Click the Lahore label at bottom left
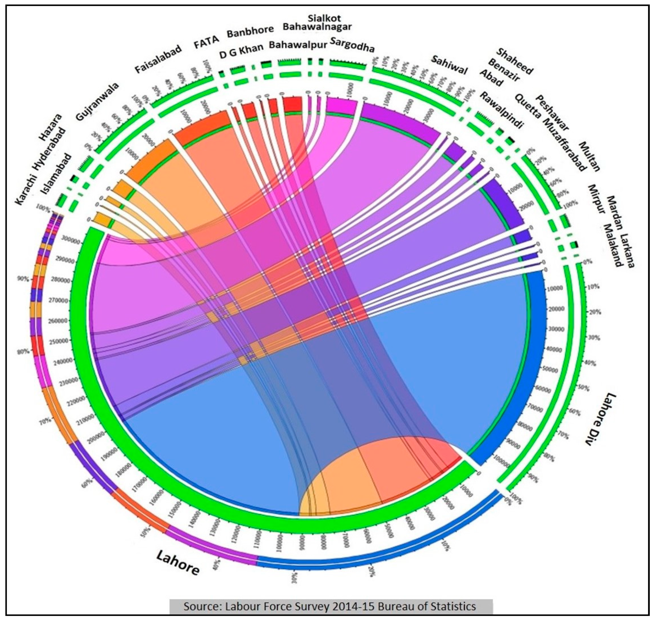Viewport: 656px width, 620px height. pyautogui.click(x=178, y=562)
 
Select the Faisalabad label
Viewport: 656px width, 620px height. pyautogui.click(x=158, y=59)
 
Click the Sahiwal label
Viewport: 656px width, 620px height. pyautogui.click(x=449, y=65)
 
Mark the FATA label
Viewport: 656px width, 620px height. pyautogui.click(x=206, y=42)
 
